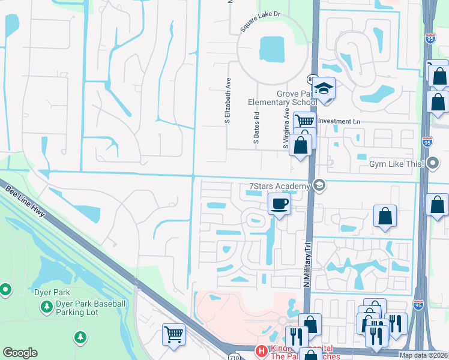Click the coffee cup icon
coord(279,204)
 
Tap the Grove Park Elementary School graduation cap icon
coord(324,88)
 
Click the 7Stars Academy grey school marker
coord(319,185)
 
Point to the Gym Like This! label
coord(397,164)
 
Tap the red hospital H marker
coord(261,350)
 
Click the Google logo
coord(20,353)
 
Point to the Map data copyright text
coord(423,355)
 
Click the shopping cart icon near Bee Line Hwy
coord(173,333)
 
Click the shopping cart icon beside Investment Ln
coord(304,121)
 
